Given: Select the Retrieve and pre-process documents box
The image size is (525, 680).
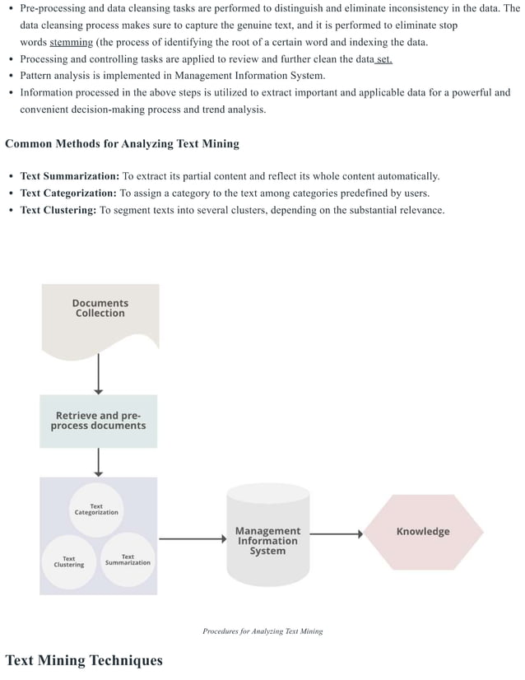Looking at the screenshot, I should [98, 421].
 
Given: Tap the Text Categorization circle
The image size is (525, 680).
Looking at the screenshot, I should [96, 510].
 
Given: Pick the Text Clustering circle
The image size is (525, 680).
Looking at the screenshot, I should [69, 561].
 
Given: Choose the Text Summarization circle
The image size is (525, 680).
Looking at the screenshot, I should [128, 561].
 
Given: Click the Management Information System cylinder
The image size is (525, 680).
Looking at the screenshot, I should [267, 539].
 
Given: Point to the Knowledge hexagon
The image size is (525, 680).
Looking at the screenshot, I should [423, 532].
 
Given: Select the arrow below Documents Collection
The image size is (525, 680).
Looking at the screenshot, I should [99, 374].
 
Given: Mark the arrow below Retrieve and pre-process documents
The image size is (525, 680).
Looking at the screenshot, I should [99, 462].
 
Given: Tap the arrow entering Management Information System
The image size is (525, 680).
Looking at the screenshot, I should [192, 539].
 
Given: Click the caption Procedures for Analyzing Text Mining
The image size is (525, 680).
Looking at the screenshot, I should [262, 631].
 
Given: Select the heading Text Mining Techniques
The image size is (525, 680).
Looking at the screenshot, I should [84, 660].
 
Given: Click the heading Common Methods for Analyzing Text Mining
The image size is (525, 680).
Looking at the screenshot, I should [122, 144].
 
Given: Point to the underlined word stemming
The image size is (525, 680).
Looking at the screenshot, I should [71, 43].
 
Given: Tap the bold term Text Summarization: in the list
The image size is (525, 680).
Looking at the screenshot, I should [70, 176].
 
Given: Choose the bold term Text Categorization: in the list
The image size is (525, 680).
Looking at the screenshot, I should [68, 193].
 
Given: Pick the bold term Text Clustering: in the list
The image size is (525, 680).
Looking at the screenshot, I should [58, 211].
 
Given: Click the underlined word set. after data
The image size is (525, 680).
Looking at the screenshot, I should [383, 59].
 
